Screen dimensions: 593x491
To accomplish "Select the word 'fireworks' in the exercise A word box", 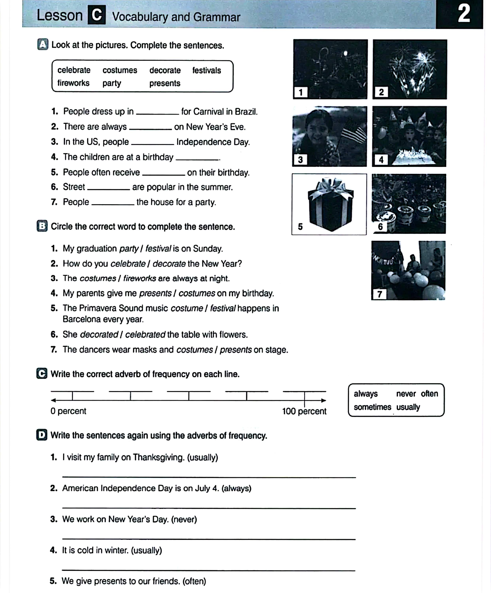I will tap(73, 83).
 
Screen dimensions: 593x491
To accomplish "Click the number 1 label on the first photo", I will tap(300, 92).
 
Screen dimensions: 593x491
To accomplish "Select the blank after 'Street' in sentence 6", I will tap(109, 188).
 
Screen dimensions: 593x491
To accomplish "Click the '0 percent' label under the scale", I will tap(68, 411).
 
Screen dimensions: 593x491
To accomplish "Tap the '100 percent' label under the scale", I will tap(304, 411).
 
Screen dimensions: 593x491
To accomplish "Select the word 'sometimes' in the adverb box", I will tap(372, 407).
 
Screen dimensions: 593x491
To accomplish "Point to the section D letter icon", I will tap(42, 435).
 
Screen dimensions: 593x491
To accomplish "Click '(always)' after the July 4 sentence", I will tap(236, 488).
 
